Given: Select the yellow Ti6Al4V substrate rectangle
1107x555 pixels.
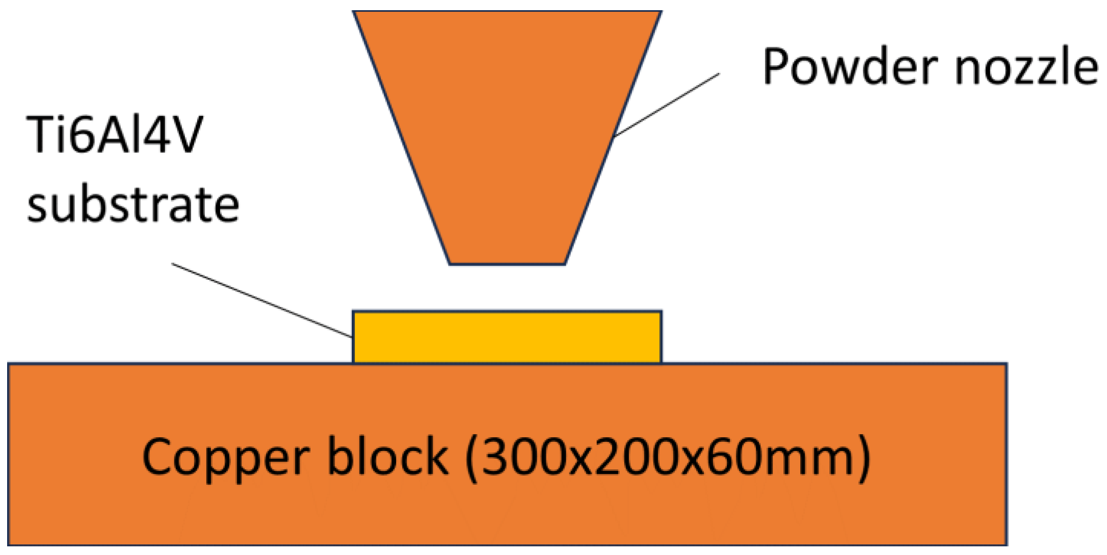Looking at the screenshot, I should [507, 337].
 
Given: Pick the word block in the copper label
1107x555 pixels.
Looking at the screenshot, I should [387, 456].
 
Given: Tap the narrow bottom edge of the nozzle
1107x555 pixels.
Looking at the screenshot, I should [508, 264].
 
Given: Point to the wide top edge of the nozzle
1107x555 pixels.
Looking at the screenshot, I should [507, 11].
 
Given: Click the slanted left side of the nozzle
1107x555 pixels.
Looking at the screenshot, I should [402, 138].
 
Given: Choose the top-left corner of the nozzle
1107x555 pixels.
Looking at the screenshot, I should [354, 11].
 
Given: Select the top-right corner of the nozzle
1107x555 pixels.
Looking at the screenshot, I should [661, 11].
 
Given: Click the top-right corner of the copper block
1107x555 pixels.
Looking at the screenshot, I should [1007, 364].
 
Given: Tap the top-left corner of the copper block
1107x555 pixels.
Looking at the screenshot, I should [9, 364].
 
